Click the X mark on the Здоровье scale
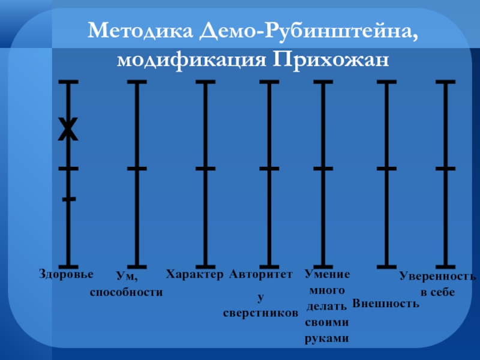coord(68,129)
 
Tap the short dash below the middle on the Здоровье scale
coord(69,198)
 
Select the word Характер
coord(194,274)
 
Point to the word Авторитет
coord(261,274)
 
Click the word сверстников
coord(260,313)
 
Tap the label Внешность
coord(385,303)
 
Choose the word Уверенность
coord(437,277)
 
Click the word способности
coord(127,292)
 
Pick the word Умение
coord(327,274)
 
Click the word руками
coord(327,338)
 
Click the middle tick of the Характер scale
coord(205,169)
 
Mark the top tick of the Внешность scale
coord(386,82)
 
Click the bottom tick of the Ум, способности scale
coord(137,266)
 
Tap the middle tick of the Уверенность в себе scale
coord(445,169)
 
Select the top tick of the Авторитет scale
coord(269,82)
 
